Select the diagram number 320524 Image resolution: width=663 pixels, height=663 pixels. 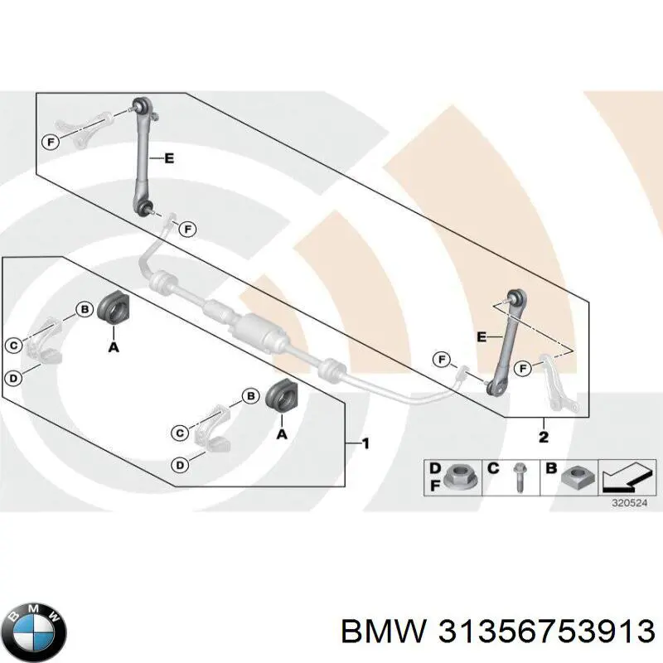click(627, 502)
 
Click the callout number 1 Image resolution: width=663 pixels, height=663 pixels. click(365, 445)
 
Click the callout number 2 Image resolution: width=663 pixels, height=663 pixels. click(544, 436)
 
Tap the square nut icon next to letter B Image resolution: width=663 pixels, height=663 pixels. click(574, 477)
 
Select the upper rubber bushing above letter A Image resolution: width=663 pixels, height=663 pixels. click(112, 308)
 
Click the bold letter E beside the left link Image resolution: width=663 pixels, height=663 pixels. click(169, 159)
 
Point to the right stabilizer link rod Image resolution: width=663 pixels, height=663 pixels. click(505, 340)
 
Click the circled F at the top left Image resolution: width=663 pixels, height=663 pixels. click(50, 142)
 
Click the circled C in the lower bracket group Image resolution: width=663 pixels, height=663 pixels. click(178, 432)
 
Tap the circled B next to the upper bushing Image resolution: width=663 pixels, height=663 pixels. click(84, 309)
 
